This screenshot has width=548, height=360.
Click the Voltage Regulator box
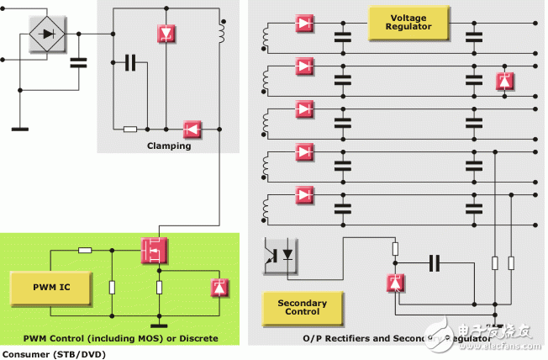click(x=400, y=23)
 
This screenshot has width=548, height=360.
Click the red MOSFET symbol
click(x=153, y=250)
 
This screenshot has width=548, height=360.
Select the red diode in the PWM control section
click(x=220, y=288)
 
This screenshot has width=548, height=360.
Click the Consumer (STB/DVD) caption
click(x=54, y=354)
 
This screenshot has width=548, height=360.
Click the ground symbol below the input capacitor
click(x=19, y=129)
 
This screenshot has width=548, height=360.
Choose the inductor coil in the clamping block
click(x=222, y=32)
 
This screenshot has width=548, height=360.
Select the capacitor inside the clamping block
click(x=130, y=62)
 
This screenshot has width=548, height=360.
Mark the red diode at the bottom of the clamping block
click(x=192, y=129)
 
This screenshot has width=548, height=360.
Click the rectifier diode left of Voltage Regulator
click(x=304, y=23)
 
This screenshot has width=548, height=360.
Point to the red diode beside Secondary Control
click(x=393, y=283)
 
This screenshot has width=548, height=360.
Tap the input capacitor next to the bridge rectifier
click(x=77, y=63)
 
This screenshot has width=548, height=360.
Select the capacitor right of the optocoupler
click(x=434, y=263)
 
